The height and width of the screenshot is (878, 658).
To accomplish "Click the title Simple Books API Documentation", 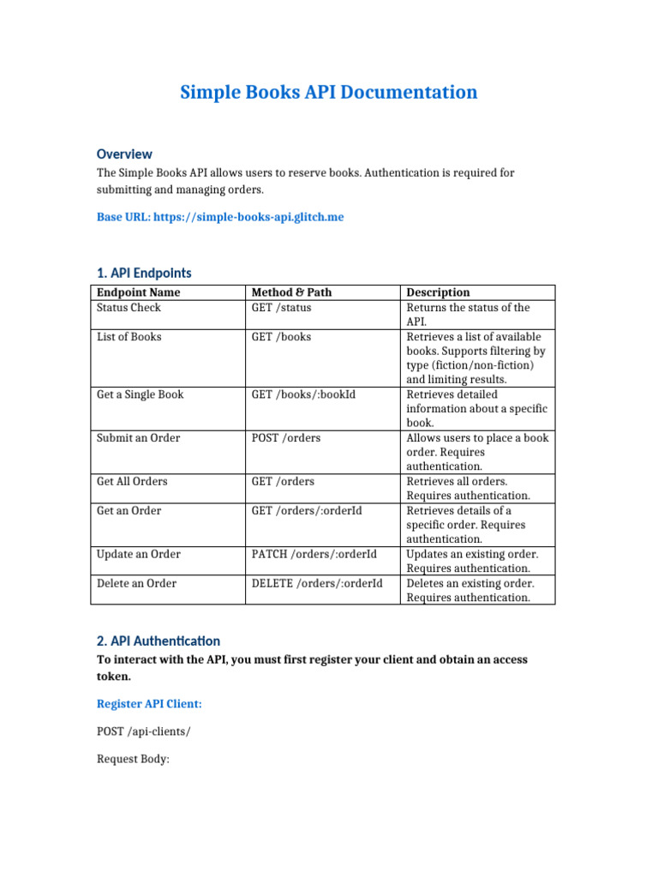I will (328, 93).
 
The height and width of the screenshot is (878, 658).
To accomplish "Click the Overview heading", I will (124, 154).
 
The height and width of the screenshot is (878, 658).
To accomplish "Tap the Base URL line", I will (220, 217).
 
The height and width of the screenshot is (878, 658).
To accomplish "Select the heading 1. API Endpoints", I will (144, 273).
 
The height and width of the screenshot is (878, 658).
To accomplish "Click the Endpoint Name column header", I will (138, 292).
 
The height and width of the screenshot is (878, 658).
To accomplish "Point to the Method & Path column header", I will (291, 292).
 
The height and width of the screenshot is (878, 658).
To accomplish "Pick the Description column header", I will (438, 292).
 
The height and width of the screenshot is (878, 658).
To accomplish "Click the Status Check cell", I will (129, 308).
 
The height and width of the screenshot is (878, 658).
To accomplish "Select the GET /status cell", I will (281, 308).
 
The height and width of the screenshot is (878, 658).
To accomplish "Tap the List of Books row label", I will (129, 337).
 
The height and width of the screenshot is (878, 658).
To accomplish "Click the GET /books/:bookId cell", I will (302, 395).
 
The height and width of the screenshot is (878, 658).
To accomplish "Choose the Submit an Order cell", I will (138, 438).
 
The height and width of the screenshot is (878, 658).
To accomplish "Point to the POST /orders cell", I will (285, 438).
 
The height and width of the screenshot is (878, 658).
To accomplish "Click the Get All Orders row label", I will (134, 482).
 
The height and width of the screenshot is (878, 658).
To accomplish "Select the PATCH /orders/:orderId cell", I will (314, 555).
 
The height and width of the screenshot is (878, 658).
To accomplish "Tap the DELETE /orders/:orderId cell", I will (317, 584).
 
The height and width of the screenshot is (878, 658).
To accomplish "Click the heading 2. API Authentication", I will (159, 640).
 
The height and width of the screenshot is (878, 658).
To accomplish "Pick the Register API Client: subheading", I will (149, 704).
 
